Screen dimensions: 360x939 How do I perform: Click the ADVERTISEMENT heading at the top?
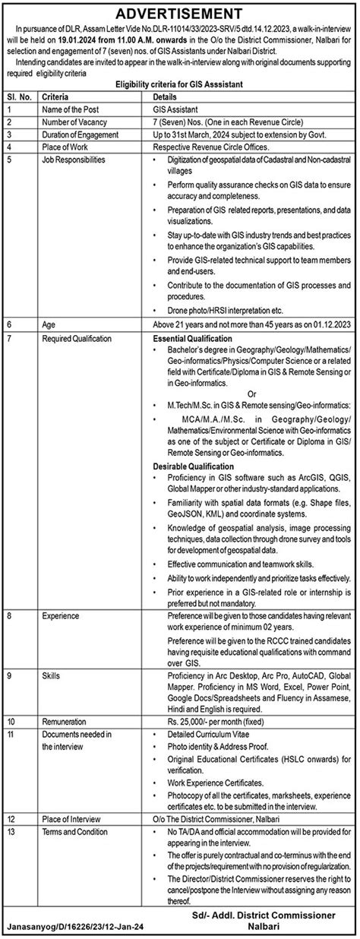point(180,14)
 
